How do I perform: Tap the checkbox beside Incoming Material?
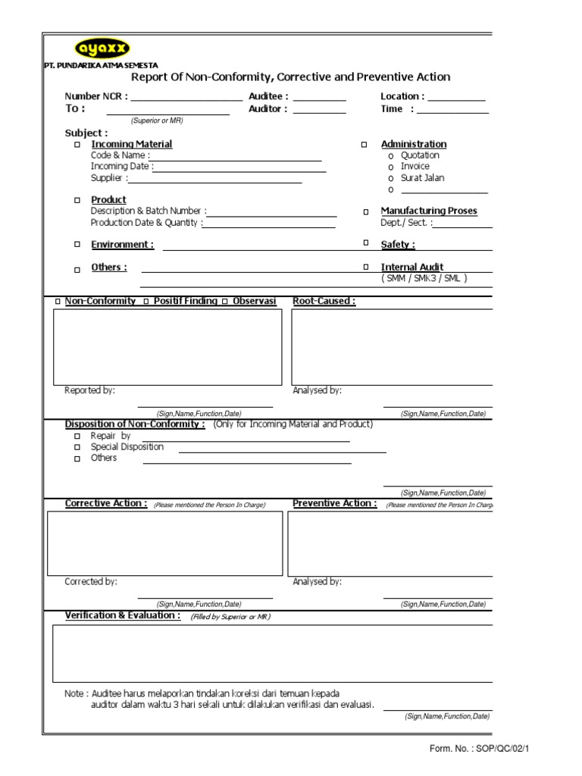tap(77, 144)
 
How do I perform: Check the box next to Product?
tap(77, 200)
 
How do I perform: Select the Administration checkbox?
tap(364, 144)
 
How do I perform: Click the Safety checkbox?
tap(365, 243)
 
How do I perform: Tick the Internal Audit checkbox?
tap(365, 267)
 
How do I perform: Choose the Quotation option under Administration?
tap(390, 155)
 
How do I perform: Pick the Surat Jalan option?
tap(390, 178)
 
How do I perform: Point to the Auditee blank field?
tap(319, 97)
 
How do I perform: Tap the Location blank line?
tap(456, 97)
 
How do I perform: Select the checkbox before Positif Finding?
tap(145, 302)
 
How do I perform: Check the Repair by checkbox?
tap(77, 437)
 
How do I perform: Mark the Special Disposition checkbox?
tap(77, 448)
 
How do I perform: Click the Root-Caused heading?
tap(324, 301)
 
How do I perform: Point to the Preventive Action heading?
tap(334, 503)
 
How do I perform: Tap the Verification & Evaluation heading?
tap(123, 615)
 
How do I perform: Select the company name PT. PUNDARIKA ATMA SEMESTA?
tap(101, 66)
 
